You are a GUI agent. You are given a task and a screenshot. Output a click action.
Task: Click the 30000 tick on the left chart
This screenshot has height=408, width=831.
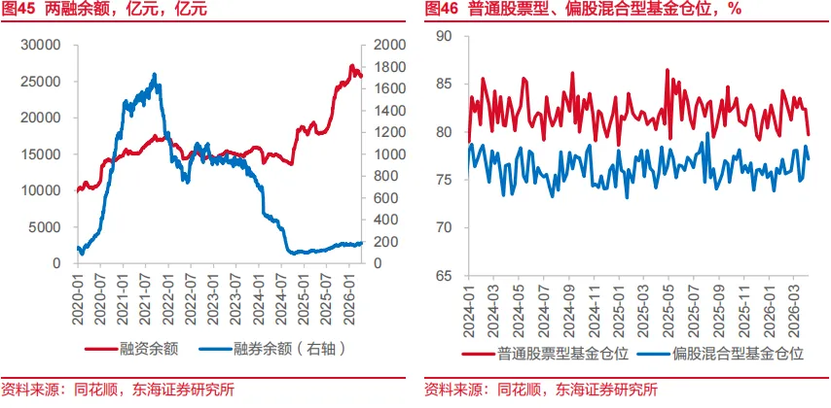pos(43,46)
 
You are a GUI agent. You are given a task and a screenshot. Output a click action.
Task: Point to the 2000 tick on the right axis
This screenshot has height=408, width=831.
pos(380,46)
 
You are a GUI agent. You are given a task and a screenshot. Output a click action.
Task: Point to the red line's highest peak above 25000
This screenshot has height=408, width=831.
pos(352,65)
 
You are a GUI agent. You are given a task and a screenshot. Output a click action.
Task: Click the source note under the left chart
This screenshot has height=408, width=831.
pos(117,390)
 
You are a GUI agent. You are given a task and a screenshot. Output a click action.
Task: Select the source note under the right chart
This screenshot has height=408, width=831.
pos(540,390)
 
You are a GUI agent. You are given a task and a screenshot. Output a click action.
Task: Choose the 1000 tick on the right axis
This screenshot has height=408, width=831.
pos(380,154)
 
